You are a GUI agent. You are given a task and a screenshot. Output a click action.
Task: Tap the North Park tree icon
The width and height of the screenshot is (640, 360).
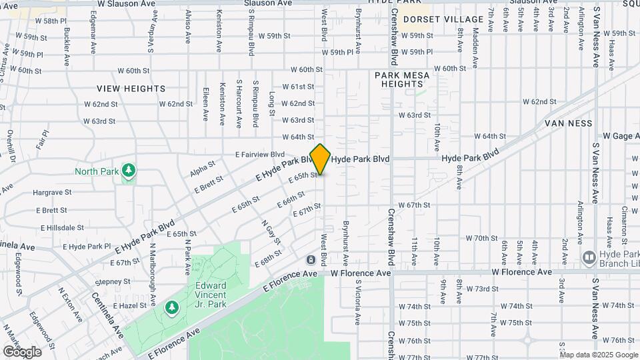(x=129, y=171)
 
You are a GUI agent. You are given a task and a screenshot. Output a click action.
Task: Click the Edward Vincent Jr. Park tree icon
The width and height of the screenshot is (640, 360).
(x=172, y=307)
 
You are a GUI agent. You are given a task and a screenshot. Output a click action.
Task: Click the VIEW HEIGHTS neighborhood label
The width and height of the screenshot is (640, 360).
(x=131, y=89)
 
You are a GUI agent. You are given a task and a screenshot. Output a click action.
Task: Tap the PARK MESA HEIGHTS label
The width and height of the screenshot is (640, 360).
(x=402, y=80)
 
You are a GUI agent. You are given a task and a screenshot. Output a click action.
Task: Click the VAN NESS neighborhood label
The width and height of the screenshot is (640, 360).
(x=568, y=124)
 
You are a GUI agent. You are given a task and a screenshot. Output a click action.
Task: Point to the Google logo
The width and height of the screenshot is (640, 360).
(x=22, y=351)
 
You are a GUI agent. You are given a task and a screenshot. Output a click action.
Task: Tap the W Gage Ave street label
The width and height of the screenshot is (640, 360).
(x=621, y=136)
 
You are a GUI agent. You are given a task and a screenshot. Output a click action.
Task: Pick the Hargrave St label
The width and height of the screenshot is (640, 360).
(x=52, y=193)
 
